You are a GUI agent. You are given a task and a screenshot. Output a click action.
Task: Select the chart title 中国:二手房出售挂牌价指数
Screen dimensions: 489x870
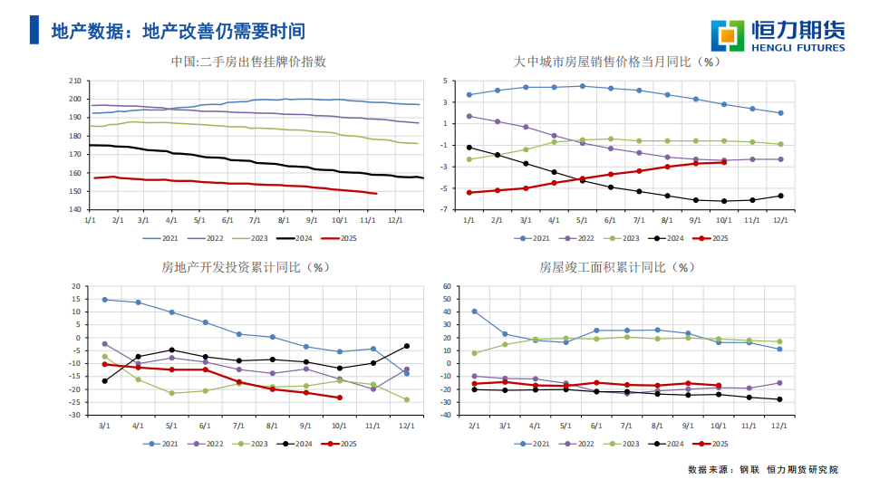click(248, 62)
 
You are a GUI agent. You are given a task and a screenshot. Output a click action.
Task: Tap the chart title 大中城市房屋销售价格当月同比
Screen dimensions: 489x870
click(616, 62)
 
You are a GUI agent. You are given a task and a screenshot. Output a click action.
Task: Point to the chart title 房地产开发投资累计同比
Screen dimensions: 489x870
click(246, 267)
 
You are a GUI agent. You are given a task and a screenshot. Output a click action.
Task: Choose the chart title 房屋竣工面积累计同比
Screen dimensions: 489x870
click(617, 267)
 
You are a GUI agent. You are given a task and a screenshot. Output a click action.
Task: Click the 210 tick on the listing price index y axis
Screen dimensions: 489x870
click(75, 81)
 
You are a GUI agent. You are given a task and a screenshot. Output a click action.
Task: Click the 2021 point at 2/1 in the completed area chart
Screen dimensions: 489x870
click(474, 312)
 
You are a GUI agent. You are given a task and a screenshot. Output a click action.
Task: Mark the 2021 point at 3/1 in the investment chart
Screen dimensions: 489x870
click(104, 299)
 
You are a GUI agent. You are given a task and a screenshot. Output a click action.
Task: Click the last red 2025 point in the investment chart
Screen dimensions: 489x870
click(340, 398)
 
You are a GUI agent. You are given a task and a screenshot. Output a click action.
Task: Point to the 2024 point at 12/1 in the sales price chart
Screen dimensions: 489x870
click(780, 196)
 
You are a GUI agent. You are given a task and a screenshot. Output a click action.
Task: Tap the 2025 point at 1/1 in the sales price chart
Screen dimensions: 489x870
click(469, 193)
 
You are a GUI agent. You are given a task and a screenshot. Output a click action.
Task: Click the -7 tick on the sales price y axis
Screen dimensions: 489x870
click(446, 209)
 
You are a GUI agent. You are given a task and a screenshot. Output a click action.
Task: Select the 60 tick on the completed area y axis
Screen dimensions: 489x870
click(447, 286)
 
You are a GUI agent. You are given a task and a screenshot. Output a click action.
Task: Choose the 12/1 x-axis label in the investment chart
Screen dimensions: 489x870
click(407, 425)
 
